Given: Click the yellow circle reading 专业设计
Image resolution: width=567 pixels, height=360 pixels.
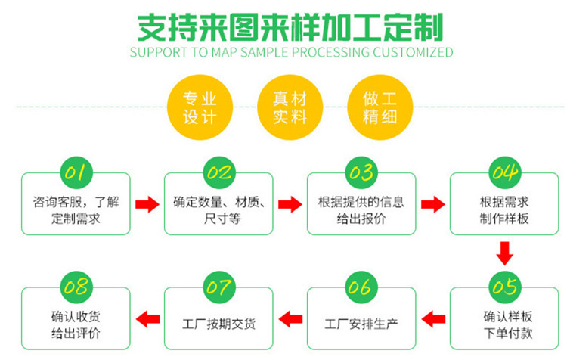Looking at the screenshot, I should (x=200, y=107).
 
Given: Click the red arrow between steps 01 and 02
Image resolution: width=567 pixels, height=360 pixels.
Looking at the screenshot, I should (x=147, y=203).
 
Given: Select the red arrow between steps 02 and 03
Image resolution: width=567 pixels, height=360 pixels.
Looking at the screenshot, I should (x=290, y=203).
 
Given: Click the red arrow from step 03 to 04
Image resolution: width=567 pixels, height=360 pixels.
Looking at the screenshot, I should (x=432, y=203).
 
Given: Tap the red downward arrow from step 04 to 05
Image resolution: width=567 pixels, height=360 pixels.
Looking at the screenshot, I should (x=504, y=251).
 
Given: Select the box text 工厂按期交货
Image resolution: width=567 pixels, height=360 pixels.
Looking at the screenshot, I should (x=218, y=324).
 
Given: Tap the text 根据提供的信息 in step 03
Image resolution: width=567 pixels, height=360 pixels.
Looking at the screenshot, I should (x=361, y=202).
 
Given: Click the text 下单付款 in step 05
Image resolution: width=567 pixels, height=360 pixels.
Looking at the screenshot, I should (x=504, y=333).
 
